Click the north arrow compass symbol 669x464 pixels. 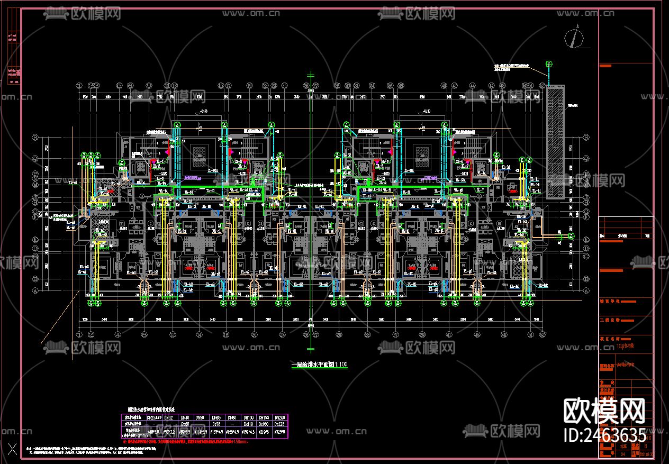tap(574, 38)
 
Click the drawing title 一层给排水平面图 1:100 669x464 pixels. tap(320, 365)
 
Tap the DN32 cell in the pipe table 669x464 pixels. tap(168, 417)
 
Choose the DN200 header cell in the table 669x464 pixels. tap(281, 417)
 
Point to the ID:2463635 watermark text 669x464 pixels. tap(605, 435)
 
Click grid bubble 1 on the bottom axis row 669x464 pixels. tap(79, 334)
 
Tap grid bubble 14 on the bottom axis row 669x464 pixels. tap(199, 334)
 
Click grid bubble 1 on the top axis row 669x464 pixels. tap(79, 85)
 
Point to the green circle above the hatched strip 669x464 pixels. tap(549, 65)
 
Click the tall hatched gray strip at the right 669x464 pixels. tap(555, 142)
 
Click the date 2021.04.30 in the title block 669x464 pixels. tap(646, 453)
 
